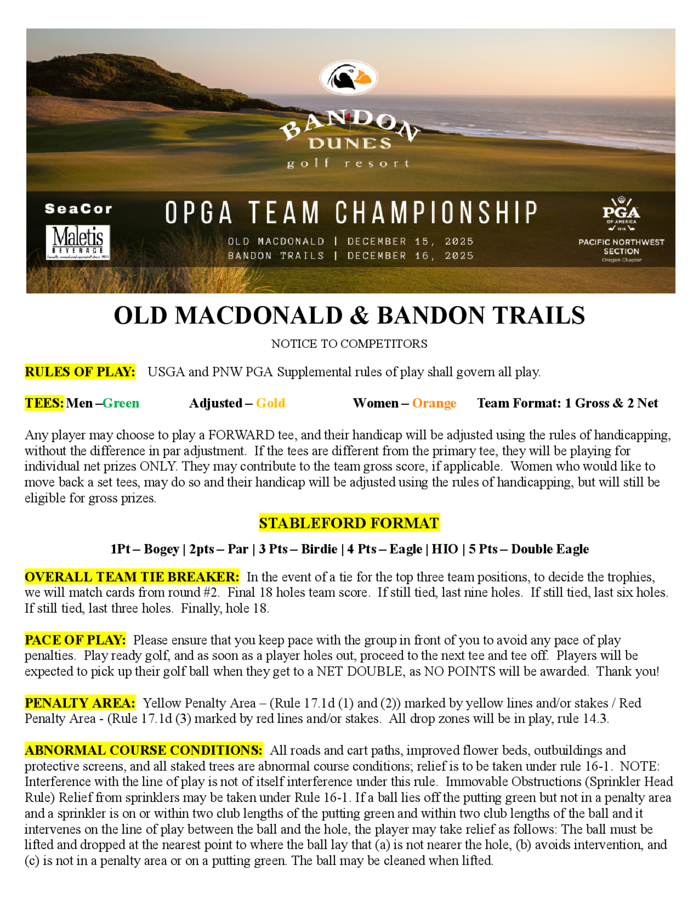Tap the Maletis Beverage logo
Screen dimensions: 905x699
[78, 242]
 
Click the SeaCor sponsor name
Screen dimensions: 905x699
[78, 209]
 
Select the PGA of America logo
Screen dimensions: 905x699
[621, 214]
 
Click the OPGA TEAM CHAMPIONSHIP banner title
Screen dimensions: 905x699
[351, 212]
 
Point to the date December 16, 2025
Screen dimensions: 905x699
[410, 256]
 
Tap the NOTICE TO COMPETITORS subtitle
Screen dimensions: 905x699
[349, 343]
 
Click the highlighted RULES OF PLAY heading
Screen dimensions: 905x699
[80, 372]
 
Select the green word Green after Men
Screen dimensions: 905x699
[121, 403]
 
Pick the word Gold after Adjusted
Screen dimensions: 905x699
[271, 403]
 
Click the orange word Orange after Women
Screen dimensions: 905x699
[434, 403]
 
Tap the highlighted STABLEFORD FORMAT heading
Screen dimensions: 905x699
[349, 523]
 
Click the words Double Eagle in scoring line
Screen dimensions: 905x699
[550, 549]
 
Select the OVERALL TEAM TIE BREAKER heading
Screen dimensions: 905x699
[132, 577]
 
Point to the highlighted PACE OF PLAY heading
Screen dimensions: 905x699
[75, 640]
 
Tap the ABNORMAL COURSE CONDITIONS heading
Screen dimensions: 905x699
[143, 750]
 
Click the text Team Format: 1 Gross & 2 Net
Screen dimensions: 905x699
[567, 403]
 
